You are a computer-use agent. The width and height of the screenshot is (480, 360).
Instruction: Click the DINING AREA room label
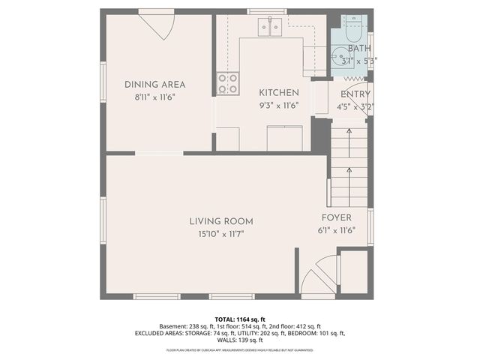pos(154,85)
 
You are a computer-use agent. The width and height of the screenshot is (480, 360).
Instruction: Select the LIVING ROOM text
pos(220,221)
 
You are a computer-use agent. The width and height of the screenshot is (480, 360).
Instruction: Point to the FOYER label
pos(337,217)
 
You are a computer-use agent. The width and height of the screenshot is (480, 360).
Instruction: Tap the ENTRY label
pos(355,94)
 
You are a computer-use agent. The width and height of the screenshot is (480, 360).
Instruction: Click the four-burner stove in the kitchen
pos(228,83)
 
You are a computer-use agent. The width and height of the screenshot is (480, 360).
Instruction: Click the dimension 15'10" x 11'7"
pos(220,234)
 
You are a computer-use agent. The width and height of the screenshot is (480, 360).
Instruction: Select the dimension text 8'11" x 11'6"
pos(154,97)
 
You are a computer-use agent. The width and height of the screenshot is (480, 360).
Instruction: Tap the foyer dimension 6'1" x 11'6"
pos(337,230)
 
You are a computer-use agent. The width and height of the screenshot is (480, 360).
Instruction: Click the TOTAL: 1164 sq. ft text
pos(240,318)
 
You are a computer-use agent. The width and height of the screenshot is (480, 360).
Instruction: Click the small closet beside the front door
pos(353,271)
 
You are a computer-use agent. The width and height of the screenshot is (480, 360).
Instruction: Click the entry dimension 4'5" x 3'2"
pos(355,106)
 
